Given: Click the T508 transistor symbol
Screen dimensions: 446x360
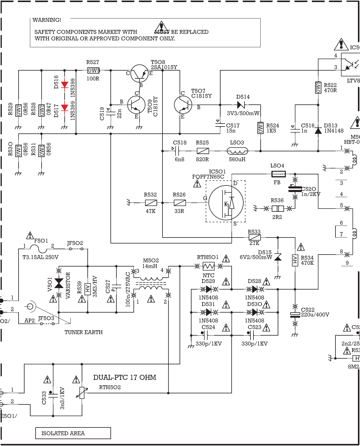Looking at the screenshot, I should coord(139,73).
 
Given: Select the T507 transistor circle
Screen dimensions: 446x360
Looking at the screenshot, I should coord(183,105).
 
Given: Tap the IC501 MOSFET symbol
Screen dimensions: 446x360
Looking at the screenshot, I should coord(226,203).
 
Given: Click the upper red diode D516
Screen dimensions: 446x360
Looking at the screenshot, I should coord(65,85).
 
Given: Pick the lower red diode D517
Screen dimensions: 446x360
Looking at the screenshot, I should coord(65,107).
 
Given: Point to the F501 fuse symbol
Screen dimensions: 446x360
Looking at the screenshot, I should coord(39,249).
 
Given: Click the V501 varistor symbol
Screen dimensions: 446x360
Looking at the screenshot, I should coord(59,283).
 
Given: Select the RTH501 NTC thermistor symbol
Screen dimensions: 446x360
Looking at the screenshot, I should coord(209,266).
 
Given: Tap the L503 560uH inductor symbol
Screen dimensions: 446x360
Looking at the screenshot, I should coord(237,151).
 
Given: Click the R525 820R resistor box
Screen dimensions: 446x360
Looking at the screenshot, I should coord(203,151).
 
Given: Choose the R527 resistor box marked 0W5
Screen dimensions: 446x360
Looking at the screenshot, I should coord(93,71).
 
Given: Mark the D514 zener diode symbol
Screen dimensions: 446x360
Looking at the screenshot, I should coord(241,105).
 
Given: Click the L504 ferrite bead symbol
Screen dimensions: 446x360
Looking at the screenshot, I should coord(278,174).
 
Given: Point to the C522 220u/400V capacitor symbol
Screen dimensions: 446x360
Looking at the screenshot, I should coord(295,315).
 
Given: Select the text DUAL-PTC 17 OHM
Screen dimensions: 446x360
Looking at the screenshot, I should coord(124,377).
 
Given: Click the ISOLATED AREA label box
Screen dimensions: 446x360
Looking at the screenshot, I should coord(73,433).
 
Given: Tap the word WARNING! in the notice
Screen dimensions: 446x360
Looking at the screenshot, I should coord(47,20).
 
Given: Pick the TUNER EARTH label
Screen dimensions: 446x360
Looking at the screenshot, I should coord(83,332).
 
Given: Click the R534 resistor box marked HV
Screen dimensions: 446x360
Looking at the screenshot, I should coord(295,260).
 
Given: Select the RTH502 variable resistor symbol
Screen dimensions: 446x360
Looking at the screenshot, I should coord(82,393).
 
